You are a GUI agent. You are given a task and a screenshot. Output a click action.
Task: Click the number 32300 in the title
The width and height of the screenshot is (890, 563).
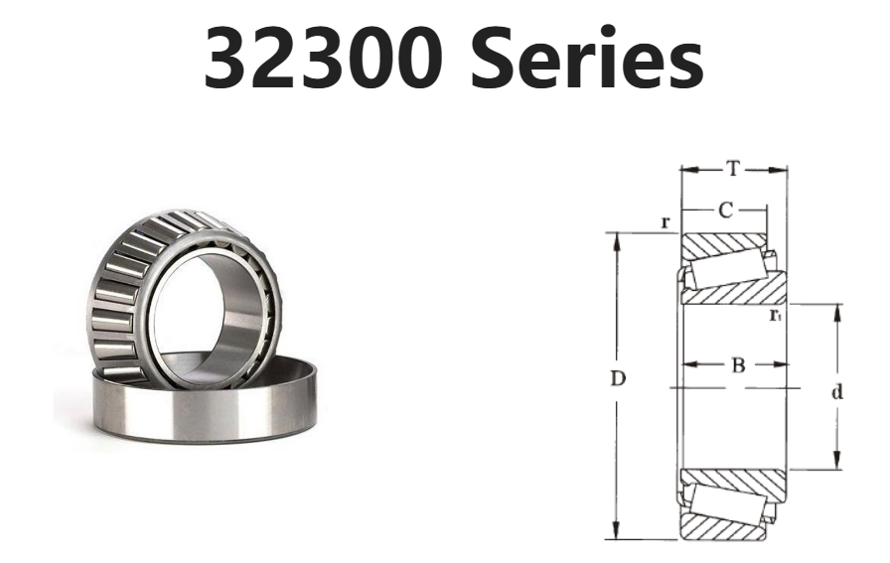click(324, 59)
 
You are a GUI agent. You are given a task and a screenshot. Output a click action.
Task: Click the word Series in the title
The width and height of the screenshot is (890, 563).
click(587, 59)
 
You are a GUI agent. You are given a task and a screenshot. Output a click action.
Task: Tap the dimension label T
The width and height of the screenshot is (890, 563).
click(734, 169)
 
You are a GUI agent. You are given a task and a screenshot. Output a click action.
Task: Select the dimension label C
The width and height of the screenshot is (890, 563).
click(725, 210)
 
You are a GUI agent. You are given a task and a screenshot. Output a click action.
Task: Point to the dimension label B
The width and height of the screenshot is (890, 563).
click(738, 365)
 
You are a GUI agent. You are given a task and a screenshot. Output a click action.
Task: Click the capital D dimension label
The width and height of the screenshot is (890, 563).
click(618, 378)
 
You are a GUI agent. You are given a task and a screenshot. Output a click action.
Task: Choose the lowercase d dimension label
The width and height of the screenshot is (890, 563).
click(836, 391)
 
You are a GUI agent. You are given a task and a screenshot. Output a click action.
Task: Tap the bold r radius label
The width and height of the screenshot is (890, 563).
click(667, 222)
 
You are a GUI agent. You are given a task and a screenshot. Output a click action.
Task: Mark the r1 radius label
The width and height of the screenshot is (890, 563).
click(776, 315)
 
